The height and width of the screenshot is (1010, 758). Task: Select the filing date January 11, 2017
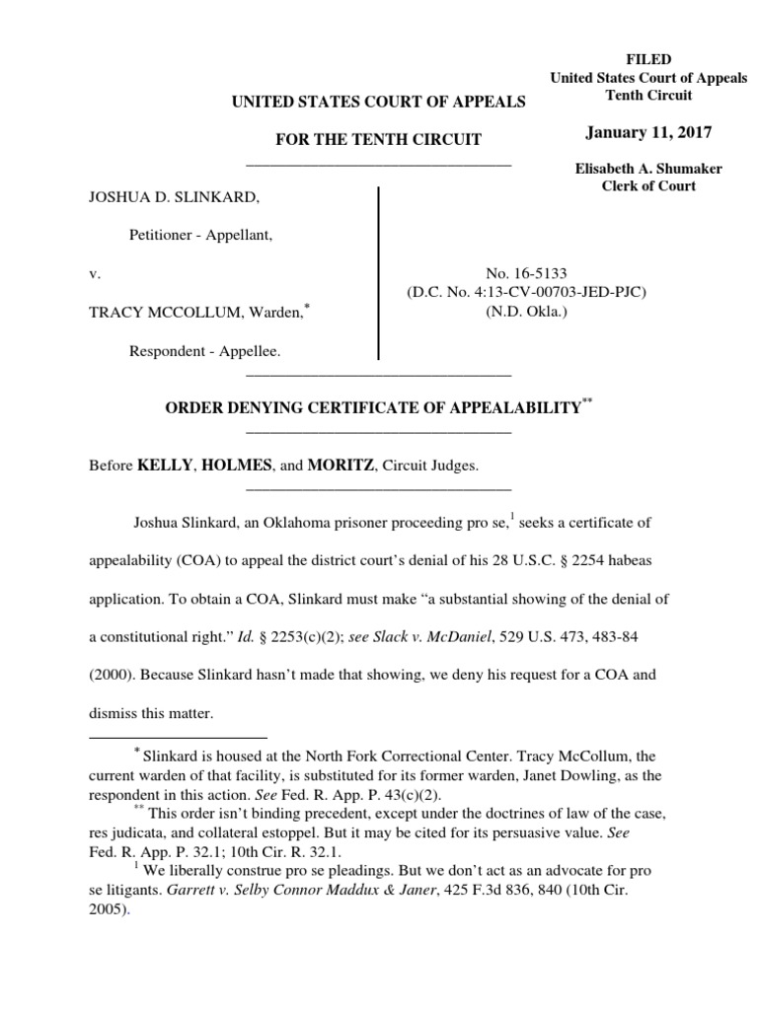(648, 132)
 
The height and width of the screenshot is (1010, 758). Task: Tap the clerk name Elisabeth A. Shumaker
(648, 169)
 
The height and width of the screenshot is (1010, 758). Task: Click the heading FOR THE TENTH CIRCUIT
(378, 140)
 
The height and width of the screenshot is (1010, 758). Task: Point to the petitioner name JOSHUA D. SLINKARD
(175, 198)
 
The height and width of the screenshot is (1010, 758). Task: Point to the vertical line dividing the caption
(379, 272)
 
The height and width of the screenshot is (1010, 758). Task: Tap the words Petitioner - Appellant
(201, 236)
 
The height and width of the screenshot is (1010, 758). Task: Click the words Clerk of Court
(648, 186)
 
